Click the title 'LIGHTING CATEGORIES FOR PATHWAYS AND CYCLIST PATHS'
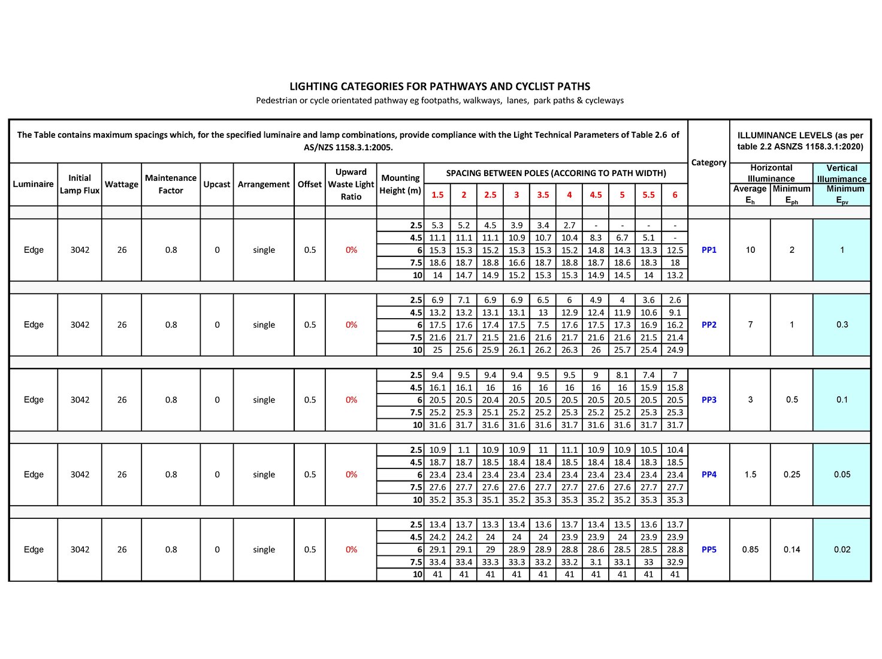440,86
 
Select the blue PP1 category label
709,250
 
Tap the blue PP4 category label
709,474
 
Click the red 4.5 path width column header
596,195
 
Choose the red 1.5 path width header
437,195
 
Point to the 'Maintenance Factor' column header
171,184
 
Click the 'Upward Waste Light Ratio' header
351,184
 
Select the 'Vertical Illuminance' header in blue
842,173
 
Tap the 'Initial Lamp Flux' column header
80,184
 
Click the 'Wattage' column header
122,184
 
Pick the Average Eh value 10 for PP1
750,250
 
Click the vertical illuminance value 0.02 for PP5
842,549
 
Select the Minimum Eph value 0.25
792,474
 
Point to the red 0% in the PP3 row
351,400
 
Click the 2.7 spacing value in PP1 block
569,225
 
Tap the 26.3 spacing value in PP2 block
569,350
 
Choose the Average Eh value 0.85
750,549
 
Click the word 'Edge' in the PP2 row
34,325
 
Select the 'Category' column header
709,162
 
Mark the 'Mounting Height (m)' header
400,184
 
